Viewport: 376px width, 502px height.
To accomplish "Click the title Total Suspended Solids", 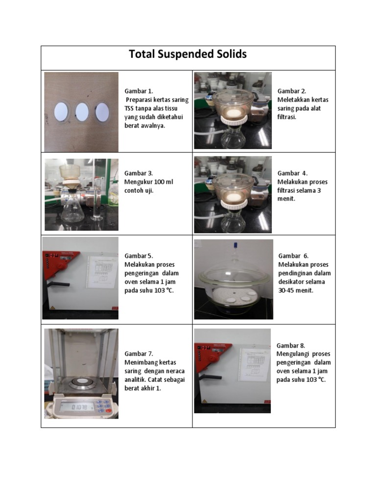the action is [188, 54].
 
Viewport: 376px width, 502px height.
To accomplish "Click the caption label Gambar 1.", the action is [139, 91].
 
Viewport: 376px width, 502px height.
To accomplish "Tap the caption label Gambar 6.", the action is [293, 256].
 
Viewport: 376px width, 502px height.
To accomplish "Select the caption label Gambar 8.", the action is [291, 346].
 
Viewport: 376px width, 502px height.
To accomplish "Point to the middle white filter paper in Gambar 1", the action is [82, 112].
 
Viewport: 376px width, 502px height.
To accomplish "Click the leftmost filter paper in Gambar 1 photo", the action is [61, 112].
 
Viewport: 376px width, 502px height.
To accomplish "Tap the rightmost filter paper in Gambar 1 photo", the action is [102, 112].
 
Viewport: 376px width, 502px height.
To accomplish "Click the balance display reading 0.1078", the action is [78, 407].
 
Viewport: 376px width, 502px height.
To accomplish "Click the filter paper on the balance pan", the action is [82, 381].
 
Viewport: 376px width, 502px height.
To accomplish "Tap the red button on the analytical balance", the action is [108, 411].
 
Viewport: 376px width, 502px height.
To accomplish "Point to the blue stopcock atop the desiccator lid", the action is [236, 245].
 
